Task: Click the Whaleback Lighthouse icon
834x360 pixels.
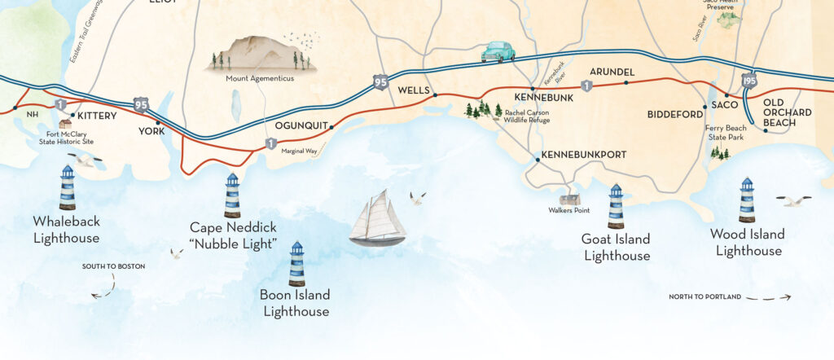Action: (x=68, y=187)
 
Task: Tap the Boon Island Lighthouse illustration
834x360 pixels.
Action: (x=297, y=263)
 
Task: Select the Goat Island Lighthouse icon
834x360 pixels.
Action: (x=616, y=206)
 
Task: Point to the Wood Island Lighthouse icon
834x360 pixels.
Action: (x=746, y=200)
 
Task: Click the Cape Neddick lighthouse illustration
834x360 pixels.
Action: (x=232, y=195)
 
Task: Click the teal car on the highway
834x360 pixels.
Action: (x=498, y=52)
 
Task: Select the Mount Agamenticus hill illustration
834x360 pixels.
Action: (x=259, y=54)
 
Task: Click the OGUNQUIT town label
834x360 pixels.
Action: (x=301, y=126)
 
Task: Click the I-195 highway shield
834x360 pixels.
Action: (x=750, y=81)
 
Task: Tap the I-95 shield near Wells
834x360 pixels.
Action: (x=380, y=81)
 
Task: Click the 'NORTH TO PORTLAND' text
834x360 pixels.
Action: (x=705, y=297)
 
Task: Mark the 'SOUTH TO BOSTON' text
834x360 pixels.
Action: (x=113, y=266)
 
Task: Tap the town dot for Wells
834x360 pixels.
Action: (x=436, y=95)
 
